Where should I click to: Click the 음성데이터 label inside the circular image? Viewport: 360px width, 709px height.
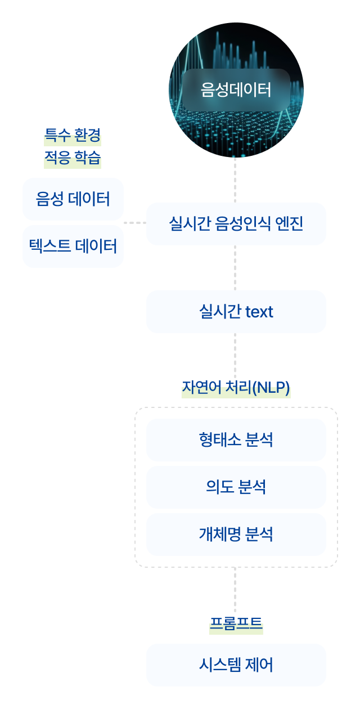coord(236,89)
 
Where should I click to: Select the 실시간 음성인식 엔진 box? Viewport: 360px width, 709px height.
coord(236,224)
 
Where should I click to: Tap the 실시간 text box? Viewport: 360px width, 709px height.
coord(236,312)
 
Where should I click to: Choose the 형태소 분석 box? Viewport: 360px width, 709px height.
coord(236,440)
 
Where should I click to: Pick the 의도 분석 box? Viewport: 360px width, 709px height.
coord(236,487)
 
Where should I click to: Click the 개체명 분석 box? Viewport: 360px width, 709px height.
coord(236,535)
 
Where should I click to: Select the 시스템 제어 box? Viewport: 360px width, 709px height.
coord(236,665)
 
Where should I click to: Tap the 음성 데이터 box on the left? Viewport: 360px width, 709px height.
coord(73,199)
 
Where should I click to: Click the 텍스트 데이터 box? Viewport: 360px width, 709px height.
coord(73,246)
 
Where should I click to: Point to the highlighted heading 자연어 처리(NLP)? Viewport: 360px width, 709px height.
coord(236,388)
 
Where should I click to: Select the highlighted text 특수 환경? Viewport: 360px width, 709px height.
coord(73,136)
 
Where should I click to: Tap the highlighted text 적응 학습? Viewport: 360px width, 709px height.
coord(73,158)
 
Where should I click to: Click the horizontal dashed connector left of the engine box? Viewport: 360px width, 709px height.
coord(135,223)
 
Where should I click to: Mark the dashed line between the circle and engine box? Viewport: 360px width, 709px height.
coord(235,180)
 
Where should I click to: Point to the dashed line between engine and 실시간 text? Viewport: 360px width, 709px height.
coord(235,268)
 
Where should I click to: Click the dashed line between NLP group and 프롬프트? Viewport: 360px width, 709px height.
coord(235,590)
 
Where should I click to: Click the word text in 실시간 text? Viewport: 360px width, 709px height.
coord(259,312)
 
